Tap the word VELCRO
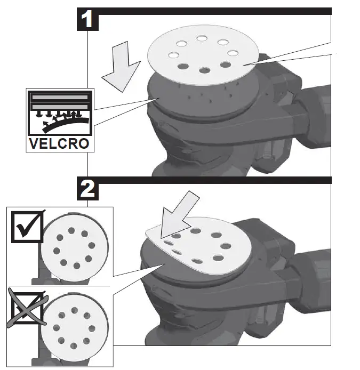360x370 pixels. click(59, 144)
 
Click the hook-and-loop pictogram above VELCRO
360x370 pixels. click(59, 113)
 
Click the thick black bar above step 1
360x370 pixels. click(213, 11)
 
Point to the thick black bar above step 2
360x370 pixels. click(213, 180)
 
